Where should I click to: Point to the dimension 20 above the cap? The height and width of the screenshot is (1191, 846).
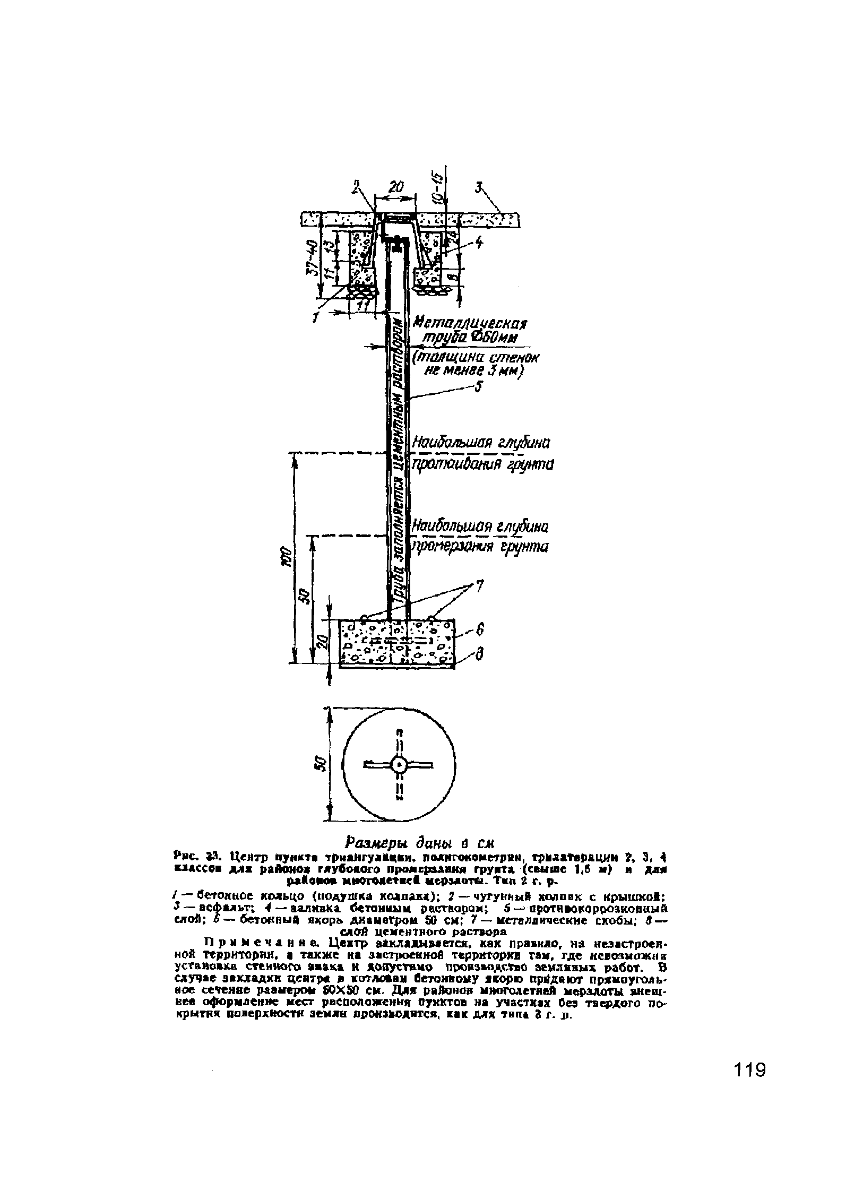(395, 187)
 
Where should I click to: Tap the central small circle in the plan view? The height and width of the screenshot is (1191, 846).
(399, 765)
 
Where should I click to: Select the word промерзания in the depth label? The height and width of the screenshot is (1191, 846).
(450, 547)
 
